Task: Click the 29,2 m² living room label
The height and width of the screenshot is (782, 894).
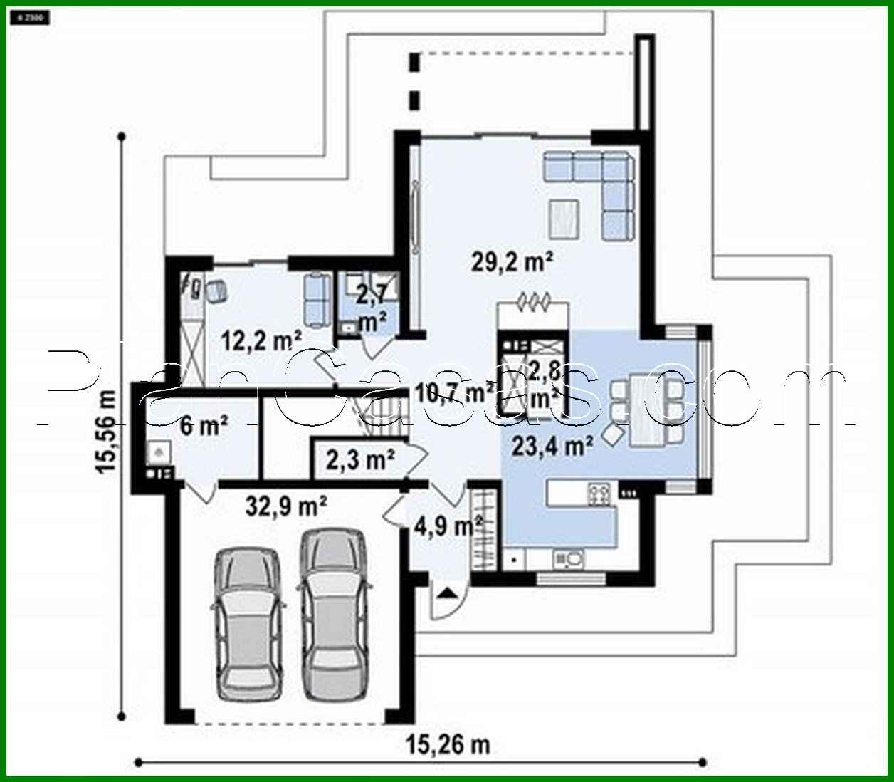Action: (512, 262)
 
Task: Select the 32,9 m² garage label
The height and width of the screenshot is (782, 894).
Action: (286, 506)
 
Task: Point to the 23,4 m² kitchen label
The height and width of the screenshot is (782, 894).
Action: (553, 447)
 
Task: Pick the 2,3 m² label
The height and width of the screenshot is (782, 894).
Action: (360, 460)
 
